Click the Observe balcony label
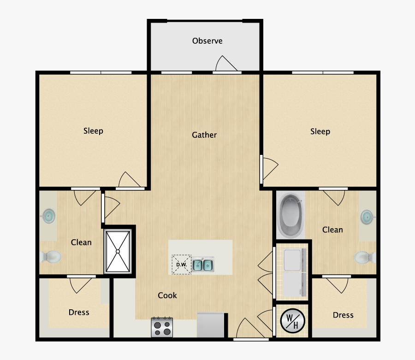(207, 41)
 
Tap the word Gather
(204, 135)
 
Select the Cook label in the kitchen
(167, 295)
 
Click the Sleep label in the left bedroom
(93, 131)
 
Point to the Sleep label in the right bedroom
(320, 132)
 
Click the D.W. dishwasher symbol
(181, 265)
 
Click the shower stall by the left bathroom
(118, 251)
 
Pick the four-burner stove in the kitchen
(162, 327)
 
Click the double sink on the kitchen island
(202, 265)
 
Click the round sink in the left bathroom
(48, 215)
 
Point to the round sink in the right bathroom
(367, 216)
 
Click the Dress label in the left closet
(79, 313)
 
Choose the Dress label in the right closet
(343, 315)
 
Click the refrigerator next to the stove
(212, 325)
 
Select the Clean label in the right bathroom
(332, 230)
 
